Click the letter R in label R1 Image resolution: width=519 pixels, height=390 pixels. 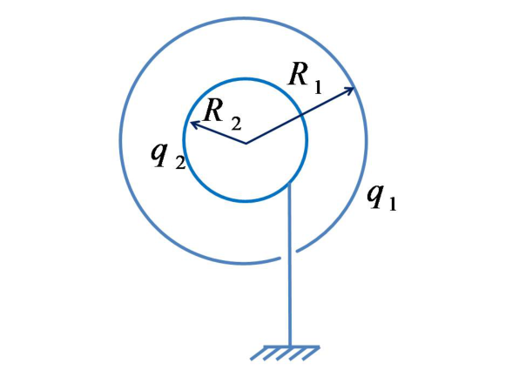coord(298,74)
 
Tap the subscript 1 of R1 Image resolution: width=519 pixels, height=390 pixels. coord(318,88)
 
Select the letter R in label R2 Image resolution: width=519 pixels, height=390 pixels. coord(213,111)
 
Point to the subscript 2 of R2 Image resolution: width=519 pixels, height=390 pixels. coord(236,124)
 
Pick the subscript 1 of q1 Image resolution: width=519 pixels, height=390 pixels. coord(393,204)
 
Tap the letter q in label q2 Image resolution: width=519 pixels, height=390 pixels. coord(159,155)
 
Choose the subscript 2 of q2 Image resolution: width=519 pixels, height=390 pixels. coord(180,163)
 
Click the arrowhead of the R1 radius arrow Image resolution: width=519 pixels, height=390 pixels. coord(351,89)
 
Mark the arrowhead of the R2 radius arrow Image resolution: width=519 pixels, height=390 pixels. coord(194,124)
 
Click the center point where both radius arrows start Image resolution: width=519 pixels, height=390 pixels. coord(246,144)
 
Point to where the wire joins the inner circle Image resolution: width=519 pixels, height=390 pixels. coord(290,183)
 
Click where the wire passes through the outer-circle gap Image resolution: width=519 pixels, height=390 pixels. coord(290,255)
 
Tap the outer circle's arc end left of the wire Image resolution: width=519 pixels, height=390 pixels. coord(280,258)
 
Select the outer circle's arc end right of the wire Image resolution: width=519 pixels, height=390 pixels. coord(297,251)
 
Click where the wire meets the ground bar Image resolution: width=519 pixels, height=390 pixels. coord(290,346)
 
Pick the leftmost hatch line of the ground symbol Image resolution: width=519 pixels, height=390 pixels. coord(258,353)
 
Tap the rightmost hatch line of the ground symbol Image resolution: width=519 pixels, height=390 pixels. coord(311,353)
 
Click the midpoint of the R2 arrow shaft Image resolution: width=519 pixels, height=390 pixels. coord(218,133)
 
